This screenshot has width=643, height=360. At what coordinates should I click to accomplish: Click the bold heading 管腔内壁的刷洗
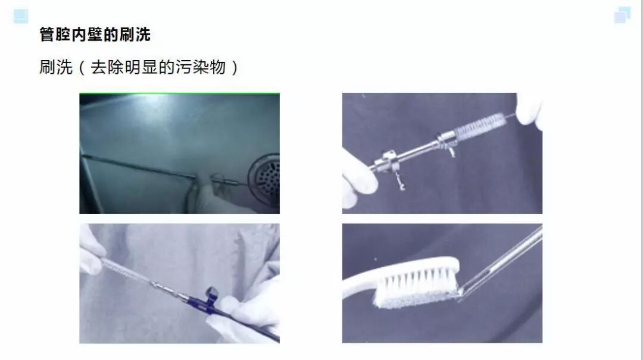pyautogui.click(x=95, y=35)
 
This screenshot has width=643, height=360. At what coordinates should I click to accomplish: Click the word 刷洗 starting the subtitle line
pyautogui.click(x=56, y=67)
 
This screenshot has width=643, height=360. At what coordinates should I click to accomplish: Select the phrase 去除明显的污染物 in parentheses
pyautogui.click(x=158, y=67)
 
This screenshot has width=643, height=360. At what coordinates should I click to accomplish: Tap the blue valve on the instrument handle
pyautogui.click(x=210, y=293)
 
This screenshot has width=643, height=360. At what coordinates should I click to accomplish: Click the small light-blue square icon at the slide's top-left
pyautogui.click(x=21, y=16)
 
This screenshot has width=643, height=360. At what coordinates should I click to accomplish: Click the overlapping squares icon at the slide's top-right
pyautogui.click(x=622, y=15)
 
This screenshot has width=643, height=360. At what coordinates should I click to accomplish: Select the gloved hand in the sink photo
pyautogui.click(x=217, y=196)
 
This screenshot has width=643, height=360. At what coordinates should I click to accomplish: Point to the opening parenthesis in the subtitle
pyautogui.click(x=82, y=67)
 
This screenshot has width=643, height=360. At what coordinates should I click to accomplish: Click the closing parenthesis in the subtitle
pyautogui.click(x=235, y=67)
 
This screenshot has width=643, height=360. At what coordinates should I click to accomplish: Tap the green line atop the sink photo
pyautogui.click(x=179, y=94)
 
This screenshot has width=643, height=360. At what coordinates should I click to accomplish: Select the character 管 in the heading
pyautogui.click(x=47, y=35)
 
